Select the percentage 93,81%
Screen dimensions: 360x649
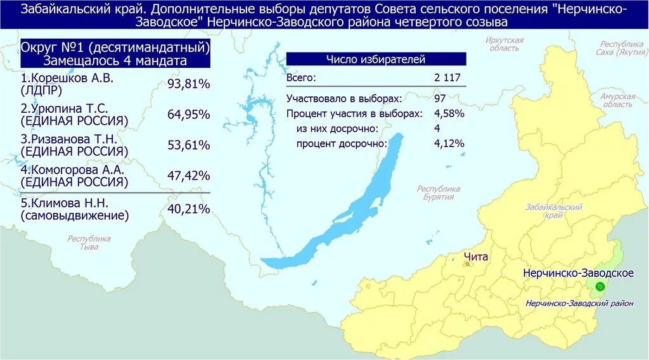pos(188,84)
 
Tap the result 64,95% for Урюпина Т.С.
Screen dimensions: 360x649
pos(188,114)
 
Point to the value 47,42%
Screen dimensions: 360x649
pos(188,176)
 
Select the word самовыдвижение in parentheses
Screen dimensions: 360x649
pos(74,216)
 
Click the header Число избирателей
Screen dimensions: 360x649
pos(376,59)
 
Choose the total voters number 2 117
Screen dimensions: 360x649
pos(447,78)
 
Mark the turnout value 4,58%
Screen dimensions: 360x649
pos(449,113)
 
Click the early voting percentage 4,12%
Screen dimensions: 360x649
pos(449,143)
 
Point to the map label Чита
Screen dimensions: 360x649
pos(475,256)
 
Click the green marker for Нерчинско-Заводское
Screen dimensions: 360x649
pos(600,286)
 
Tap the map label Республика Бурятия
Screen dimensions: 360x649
pos(438,193)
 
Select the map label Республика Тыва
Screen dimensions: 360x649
pos(89,243)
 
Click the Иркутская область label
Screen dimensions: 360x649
pos(504,44)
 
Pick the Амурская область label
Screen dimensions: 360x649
pos(617,100)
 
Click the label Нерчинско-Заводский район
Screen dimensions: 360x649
pos(579,304)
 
